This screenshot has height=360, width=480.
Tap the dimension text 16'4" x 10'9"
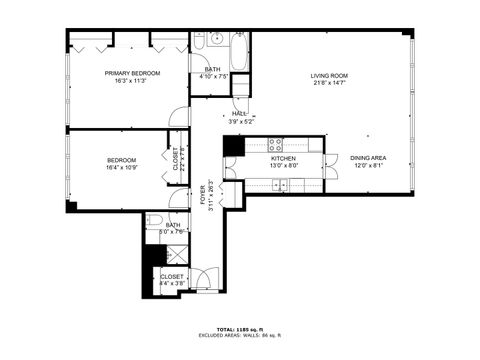tap(122, 169)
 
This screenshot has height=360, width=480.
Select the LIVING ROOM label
tap(328, 76)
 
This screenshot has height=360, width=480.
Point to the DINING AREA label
tap(368, 158)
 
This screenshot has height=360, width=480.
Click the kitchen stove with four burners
tap(277, 143)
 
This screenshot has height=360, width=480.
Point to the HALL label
tap(239, 114)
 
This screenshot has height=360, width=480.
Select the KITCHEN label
tap(283, 159)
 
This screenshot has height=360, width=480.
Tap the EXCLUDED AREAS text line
tap(240, 336)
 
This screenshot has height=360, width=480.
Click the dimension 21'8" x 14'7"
tap(328, 84)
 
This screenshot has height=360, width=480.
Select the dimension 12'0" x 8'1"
tap(368, 166)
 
